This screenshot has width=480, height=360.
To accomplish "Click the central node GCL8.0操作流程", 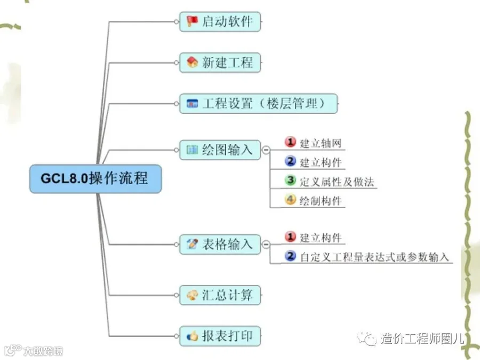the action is point(95,178).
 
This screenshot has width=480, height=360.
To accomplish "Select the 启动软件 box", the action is point(220,22).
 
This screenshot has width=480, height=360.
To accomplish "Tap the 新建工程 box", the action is point(220,62).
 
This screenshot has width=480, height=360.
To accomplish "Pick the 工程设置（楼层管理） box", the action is point(259,103).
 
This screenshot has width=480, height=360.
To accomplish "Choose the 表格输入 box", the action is point(220,245).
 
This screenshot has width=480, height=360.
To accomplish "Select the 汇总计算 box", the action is point(220,294).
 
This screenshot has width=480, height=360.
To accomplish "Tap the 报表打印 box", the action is point(220,337).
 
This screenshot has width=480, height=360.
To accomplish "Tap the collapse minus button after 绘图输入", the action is point(265,151).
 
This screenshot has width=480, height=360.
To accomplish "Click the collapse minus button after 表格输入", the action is point(265,245).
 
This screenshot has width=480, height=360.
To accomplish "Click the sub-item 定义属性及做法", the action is point(337,182).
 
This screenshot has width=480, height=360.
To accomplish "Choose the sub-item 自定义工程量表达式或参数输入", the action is point(375,258).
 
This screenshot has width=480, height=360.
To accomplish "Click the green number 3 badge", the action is point(290,181).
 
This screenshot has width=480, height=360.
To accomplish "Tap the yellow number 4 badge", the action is point(290,201).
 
